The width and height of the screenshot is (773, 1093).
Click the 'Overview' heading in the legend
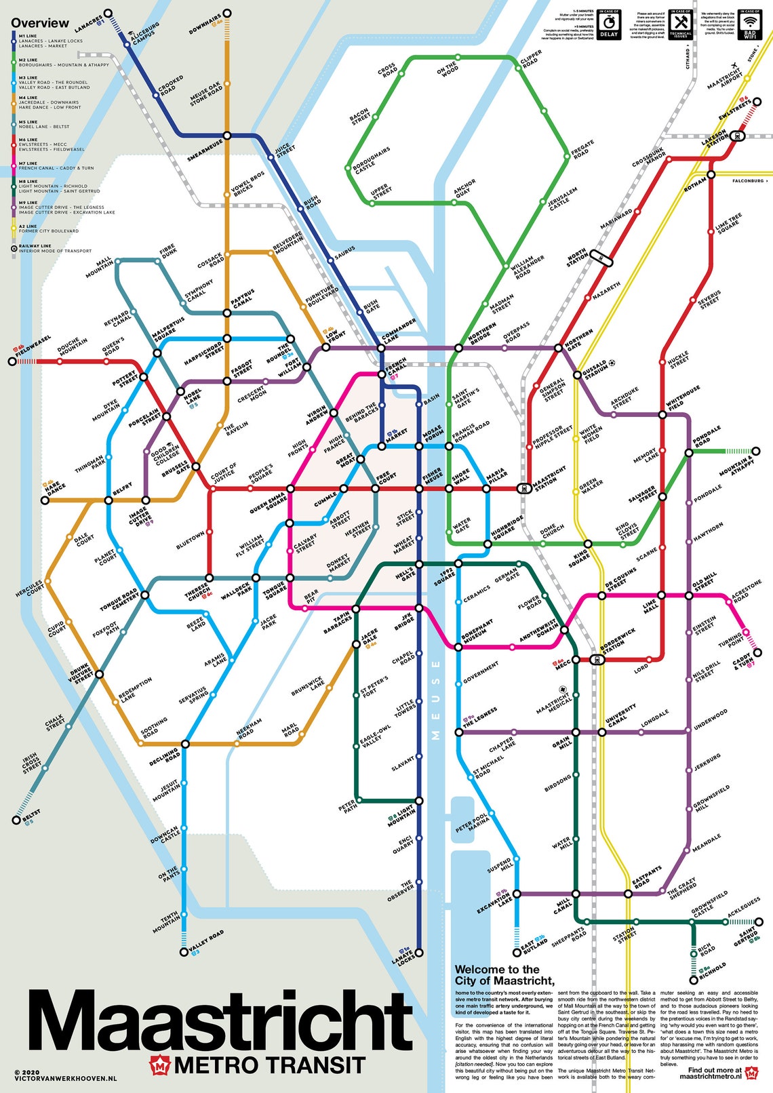[x=39, y=23]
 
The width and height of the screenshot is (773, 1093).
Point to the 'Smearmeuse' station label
[x=204, y=150]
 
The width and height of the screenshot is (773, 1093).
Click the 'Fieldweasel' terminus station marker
[x=12, y=361]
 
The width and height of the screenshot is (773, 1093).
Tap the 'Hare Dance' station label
[x=55, y=488]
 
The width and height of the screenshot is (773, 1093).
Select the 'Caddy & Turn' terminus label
[x=743, y=661]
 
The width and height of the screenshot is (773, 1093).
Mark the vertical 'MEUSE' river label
[x=435, y=699]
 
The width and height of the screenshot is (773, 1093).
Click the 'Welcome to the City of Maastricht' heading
[x=504, y=975]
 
